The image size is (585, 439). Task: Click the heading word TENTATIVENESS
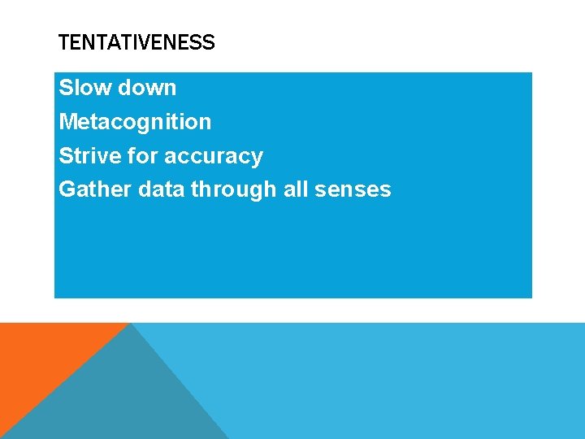click(x=136, y=43)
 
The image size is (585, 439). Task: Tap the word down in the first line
click(x=149, y=88)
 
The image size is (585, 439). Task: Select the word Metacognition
click(x=135, y=122)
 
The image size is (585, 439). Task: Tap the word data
click(x=162, y=190)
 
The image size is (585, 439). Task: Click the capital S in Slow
click(x=66, y=88)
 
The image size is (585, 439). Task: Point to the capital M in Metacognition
click(x=68, y=122)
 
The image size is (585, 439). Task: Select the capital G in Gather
click(x=67, y=190)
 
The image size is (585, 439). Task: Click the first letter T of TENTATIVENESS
click(x=63, y=43)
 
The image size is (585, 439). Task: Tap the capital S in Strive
click(x=66, y=156)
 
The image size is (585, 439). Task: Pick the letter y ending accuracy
click(x=257, y=159)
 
